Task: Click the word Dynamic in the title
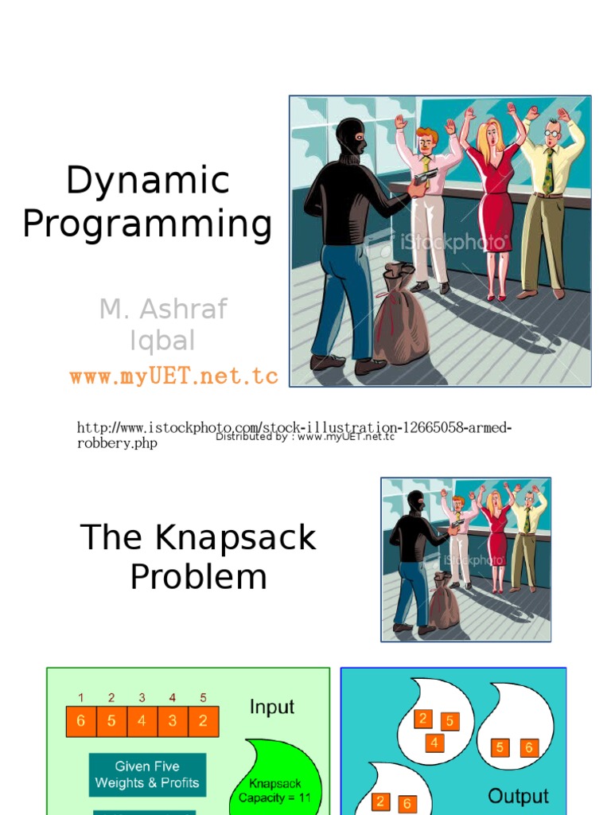tap(148, 181)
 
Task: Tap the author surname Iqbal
tap(162, 341)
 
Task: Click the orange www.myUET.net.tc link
tap(173, 376)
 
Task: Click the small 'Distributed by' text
tap(305, 436)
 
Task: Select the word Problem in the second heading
tap(198, 576)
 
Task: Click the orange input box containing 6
tap(81, 722)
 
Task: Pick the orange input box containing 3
tap(173, 722)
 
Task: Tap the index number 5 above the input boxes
tap(203, 698)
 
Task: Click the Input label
tap(272, 707)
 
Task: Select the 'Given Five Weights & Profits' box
tap(147, 774)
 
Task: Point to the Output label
tap(518, 796)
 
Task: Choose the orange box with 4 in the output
tap(434, 743)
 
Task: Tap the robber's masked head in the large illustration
tap(350, 138)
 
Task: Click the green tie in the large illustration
tap(548, 170)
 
